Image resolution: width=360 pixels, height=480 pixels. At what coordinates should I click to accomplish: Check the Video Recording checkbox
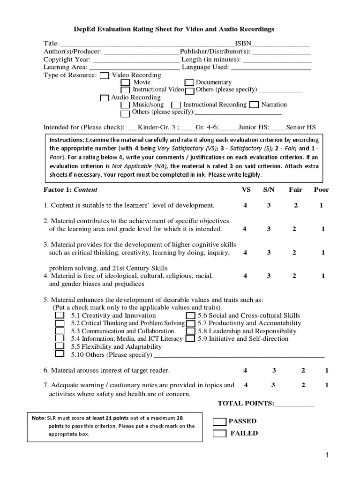pyautogui.click(x=105, y=75)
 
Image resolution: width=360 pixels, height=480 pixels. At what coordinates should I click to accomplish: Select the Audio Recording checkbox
pyautogui.click(x=105, y=98)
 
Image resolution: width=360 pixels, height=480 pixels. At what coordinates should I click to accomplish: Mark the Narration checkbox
pyautogui.click(x=254, y=105)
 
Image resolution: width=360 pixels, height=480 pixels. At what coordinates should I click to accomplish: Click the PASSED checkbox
pyautogui.click(x=219, y=421)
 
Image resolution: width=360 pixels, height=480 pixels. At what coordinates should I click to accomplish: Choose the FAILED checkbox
pyautogui.click(x=219, y=434)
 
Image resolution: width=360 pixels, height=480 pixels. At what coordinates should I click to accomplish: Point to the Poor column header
pyautogui.click(x=322, y=190)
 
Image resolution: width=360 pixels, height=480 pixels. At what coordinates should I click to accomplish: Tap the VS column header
pyautogui.click(x=246, y=190)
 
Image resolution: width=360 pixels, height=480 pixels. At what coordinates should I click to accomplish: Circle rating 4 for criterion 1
pyautogui.click(x=245, y=205)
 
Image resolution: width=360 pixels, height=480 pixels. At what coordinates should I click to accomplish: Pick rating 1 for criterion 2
pyautogui.click(x=323, y=229)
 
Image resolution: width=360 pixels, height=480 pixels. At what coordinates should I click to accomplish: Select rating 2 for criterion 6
pyautogui.click(x=303, y=371)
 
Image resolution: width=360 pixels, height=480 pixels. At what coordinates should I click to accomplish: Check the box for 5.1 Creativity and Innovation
pyautogui.click(x=60, y=315)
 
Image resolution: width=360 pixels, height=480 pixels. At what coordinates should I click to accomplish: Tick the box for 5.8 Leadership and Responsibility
pyautogui.click(x=190, y=331)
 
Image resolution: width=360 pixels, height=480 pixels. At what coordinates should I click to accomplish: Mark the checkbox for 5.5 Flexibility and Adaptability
pyautogui.click(x=60, y=346)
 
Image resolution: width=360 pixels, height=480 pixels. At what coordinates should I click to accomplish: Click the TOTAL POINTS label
pyautogui.click(x=246, y=403)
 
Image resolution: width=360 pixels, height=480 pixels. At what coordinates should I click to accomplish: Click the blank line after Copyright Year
pyautogui.click(x=135, y=60)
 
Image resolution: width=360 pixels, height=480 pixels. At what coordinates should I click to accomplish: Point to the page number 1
pyautogui.click(x=328, y=455)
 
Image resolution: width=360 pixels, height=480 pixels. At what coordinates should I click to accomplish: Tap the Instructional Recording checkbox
pyautogui.click(x=176, y=105)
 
